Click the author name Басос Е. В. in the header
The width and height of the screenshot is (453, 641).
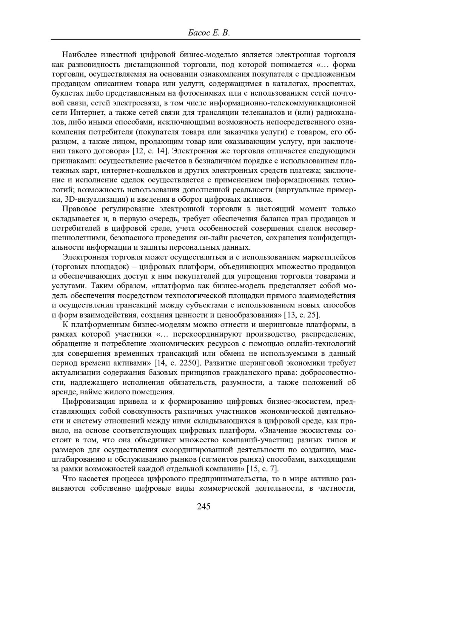click(208, 33)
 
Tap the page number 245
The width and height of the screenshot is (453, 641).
click(203, 507)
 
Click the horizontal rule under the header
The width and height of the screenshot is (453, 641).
click(205, 39)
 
